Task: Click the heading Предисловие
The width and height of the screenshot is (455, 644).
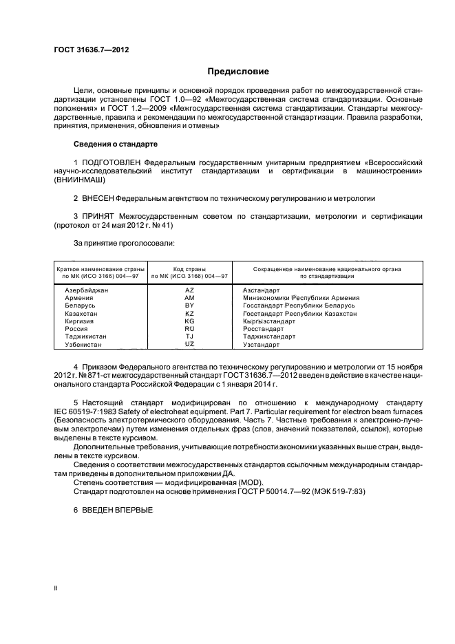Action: (239, 72)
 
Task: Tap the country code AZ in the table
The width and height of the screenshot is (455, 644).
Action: (190, 290)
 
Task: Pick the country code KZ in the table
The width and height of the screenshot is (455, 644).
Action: (190, 313)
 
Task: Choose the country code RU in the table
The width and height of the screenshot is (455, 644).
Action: (190, 329)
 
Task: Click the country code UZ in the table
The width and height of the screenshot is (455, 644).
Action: (190, 344)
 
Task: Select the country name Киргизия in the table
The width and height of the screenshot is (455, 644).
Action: (79, 321)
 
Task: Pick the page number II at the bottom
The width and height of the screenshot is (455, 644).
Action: (56, 589)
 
